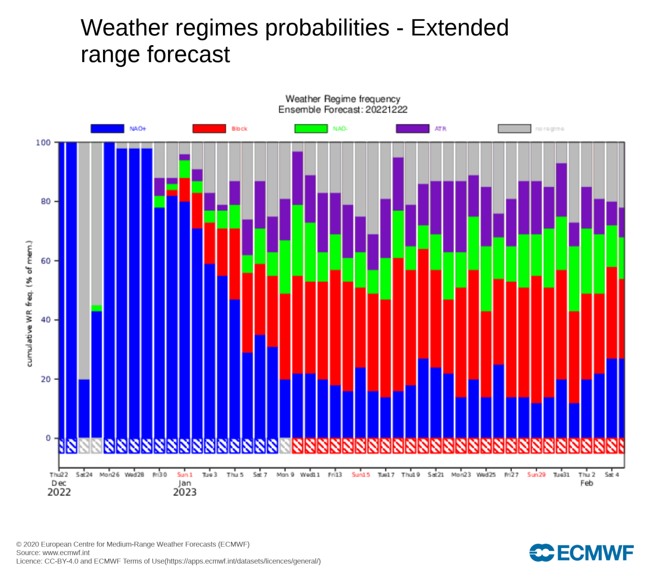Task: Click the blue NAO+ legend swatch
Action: [x=107, y=128]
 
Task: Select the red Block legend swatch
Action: [x=209, y=128]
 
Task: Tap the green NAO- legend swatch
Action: [x=311, y=128]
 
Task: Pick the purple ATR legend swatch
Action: [x=412, y=128]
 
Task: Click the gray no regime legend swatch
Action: [x=514, y=128]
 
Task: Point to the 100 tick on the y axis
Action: [x=43, y=143]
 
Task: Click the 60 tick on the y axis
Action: [x=46, y=261]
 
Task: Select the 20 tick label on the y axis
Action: [x=46, y=379]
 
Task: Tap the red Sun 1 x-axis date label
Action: [x=185, y=475]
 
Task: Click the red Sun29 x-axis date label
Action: [x=536, y=475]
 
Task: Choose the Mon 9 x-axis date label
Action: [x=285, y=475]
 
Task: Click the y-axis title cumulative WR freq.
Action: [x=29, y=304]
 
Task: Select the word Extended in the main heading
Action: [x=460, y=28]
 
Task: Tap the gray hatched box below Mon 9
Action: [x=285, y=446]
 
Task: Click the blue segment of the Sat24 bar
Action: [x=84, y=409]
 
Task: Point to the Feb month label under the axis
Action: [x=587, y=483]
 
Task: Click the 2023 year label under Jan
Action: [x=185, y=492]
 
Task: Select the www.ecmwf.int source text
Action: [x=66, y=552]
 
